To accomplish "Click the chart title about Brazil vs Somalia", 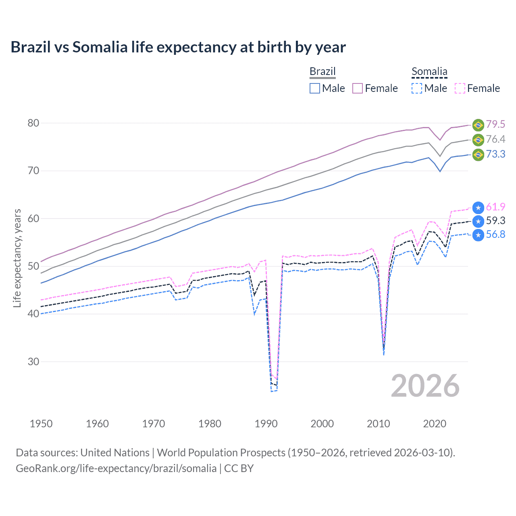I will point(178,47).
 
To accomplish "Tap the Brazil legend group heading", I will point(322,71).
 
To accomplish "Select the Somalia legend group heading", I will point(429,71).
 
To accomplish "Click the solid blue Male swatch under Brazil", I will point(315,88).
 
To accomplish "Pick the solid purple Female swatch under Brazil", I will point(358,88).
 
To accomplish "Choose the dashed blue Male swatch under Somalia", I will point(417,88).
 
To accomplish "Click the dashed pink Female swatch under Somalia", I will point(460,88).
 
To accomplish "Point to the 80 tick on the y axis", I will point(33,123).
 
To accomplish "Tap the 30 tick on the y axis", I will point(33,362).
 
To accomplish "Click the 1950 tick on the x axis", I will point(41,424).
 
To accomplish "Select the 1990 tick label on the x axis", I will point(266,424).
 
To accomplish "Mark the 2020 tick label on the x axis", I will point(435,424).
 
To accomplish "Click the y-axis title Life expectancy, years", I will point(17,258).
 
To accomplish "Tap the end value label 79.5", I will point(495,125).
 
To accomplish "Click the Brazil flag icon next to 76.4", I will point(478,140).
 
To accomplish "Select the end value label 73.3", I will point(495,154).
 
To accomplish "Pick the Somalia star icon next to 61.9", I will point(478,208).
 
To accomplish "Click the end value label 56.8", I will point(495,235).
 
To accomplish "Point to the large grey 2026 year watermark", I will point(425,386).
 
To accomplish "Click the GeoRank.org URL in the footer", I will point(116,468).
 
